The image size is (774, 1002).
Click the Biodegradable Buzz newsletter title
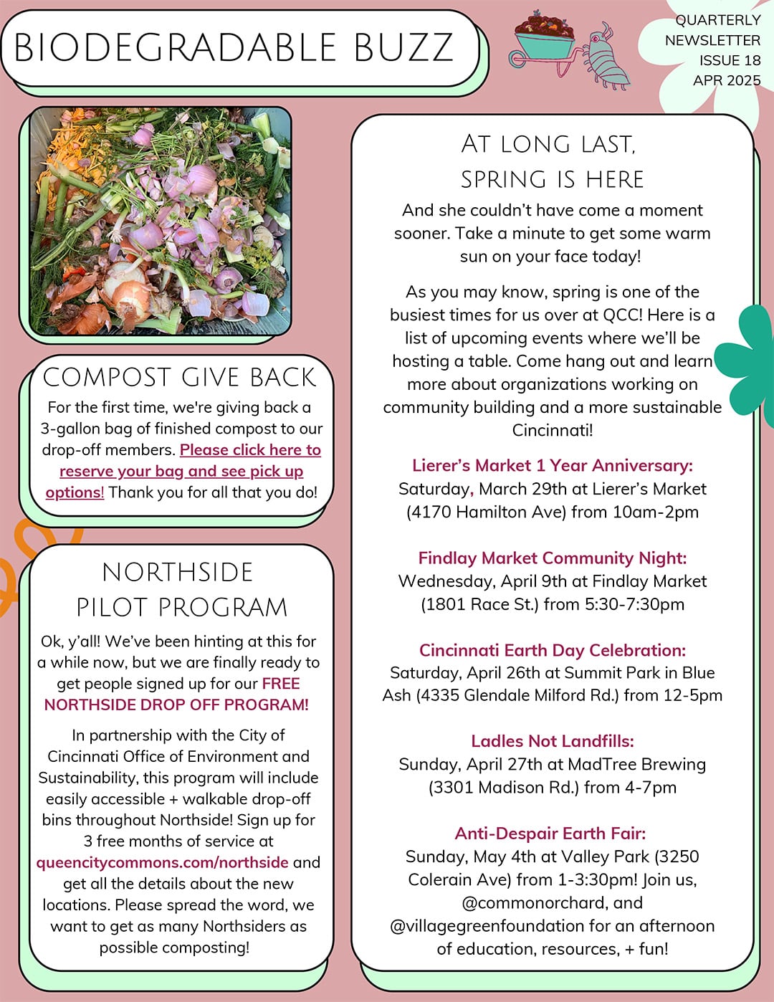(x=234, y=48)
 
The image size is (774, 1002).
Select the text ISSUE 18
(x=730, y=60)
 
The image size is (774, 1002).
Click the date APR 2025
(x=726, y=80)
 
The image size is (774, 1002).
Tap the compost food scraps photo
(x=161, y=221)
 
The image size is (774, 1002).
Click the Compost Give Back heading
(x=179, y=377)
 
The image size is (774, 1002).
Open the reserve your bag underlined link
(x=181, y=471)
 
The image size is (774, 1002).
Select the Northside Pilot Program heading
(x=181, y=589)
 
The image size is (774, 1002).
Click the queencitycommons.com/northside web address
(x=163, y=862)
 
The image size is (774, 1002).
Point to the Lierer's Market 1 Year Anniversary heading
(x=552, y=465)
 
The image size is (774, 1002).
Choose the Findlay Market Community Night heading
(x=552, y=558)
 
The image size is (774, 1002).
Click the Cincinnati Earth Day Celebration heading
(x=552, y=650)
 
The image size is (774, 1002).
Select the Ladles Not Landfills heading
(x=552, y=741)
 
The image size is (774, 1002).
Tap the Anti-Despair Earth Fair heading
(x=550, y=834)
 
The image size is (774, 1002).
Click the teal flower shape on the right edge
(x=752, y=358)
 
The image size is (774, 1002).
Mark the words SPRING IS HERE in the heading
(x=552, y=179)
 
